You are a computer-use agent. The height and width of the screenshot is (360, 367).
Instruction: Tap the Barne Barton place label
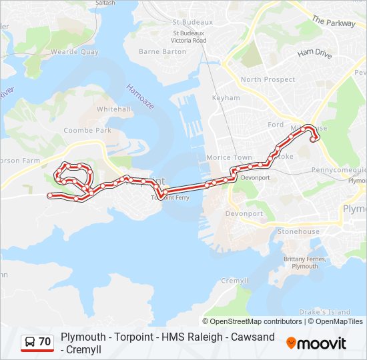click(x=163, y=51)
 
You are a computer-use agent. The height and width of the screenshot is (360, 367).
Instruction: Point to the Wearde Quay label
click(x=75, y=51)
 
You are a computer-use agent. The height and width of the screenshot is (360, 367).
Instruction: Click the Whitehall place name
click(x=113, y=109)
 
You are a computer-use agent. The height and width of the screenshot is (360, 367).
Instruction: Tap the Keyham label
click(x=226, y=98)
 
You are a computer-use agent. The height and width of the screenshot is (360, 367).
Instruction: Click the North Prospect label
click(x=268, y=79)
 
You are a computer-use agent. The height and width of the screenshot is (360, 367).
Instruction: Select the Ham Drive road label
click(x=314, y=53)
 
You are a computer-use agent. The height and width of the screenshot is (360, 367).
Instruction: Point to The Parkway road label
click(x=333, y=22)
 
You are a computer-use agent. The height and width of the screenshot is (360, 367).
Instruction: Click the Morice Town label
click(x=229, y=157)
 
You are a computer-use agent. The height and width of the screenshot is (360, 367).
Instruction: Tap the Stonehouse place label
click(x=299, y=231)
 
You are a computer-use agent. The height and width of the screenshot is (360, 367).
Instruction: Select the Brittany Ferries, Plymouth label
click(x=305, y=262)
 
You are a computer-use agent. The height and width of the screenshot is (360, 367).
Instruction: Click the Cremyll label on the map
click(x=234, y=281)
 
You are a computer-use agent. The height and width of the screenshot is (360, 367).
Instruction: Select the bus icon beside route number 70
click(x=29, y=342)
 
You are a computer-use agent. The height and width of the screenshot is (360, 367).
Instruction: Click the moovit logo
click(x=316, y=343)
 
